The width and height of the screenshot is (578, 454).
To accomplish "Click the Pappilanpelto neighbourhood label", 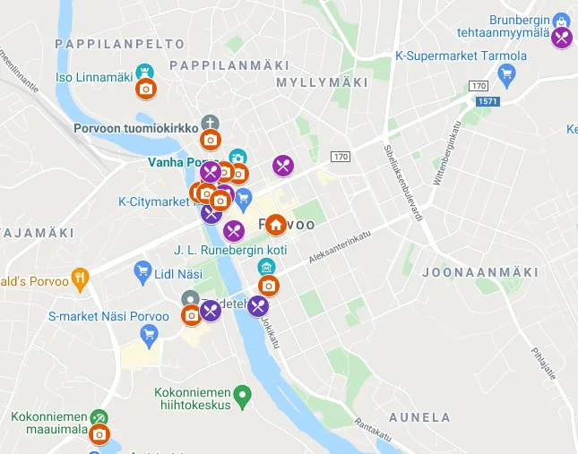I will coord(119,43).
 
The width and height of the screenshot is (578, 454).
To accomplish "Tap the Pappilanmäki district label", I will coord(229,65).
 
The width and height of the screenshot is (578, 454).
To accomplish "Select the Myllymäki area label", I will coord(322,82).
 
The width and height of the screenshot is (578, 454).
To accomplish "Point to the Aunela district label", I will coord(419,417).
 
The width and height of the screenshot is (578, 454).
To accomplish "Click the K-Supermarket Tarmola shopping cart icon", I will coord(506,73).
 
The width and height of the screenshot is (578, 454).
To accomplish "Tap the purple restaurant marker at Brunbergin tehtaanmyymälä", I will coord(561,38).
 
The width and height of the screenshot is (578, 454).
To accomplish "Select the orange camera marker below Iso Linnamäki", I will coord(146,89).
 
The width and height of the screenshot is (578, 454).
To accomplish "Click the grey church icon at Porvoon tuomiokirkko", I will coord(210,123).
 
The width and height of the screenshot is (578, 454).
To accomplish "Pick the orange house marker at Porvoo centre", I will coord(275,224).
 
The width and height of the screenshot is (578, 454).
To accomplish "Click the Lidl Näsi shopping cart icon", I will coord(142,270).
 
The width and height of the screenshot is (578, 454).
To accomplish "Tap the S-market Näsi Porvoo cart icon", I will coord(150,335).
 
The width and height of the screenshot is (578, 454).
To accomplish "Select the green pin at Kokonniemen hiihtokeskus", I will coord(241,393).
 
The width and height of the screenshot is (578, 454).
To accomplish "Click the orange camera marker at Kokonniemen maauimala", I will coord(100,435).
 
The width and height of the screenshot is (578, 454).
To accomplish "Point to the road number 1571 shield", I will coord(487,101).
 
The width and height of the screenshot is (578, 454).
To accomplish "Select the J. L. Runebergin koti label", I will coord(230,250).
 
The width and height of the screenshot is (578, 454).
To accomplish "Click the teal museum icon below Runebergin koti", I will coord(266,267).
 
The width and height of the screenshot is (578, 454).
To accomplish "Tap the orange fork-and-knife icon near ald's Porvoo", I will coord(80,278).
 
